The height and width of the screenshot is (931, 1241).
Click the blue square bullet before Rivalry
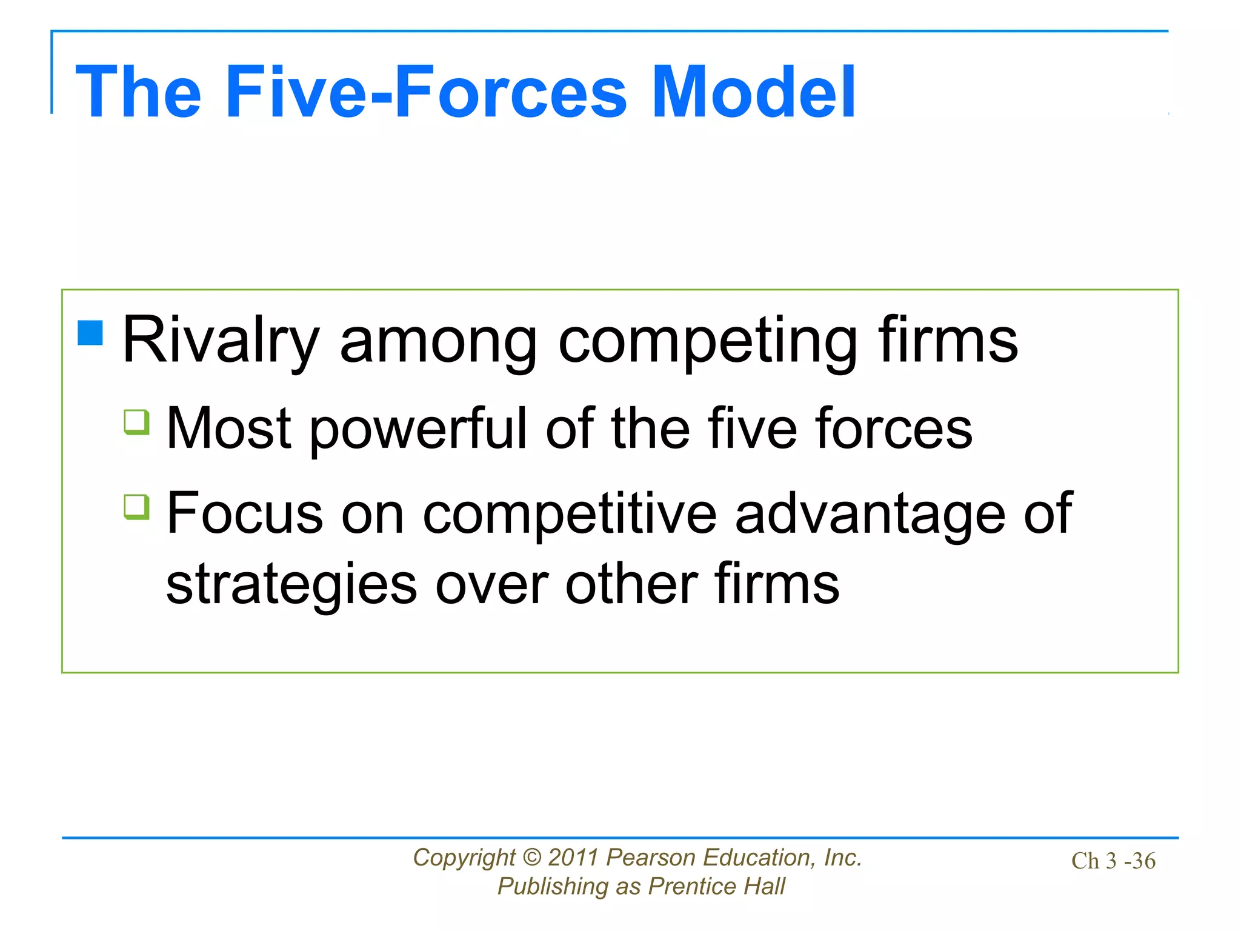click(x=90, y=332)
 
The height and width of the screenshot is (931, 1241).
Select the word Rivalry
click(x=220, y=341)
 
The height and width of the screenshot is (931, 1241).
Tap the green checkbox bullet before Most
click(x=136, y=422)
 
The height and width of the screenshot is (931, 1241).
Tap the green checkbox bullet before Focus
click(x=136, y=507)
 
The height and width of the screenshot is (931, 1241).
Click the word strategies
click(x=291, y=585)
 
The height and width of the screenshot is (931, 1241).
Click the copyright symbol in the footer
click(x=531, y=858)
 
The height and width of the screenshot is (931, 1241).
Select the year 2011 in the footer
click(x=574, y=858)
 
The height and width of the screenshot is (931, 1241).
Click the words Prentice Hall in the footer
click(x=716, y=887)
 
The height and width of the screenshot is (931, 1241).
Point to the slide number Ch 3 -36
click(x=1113, y=861)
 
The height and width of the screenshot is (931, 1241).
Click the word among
click(x=438, y=341)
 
